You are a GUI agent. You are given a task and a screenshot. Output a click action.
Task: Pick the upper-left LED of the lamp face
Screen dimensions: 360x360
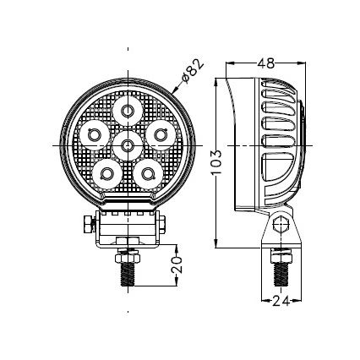point(94,133)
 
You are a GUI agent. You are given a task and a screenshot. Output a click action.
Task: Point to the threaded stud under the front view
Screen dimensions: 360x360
point(128,268)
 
